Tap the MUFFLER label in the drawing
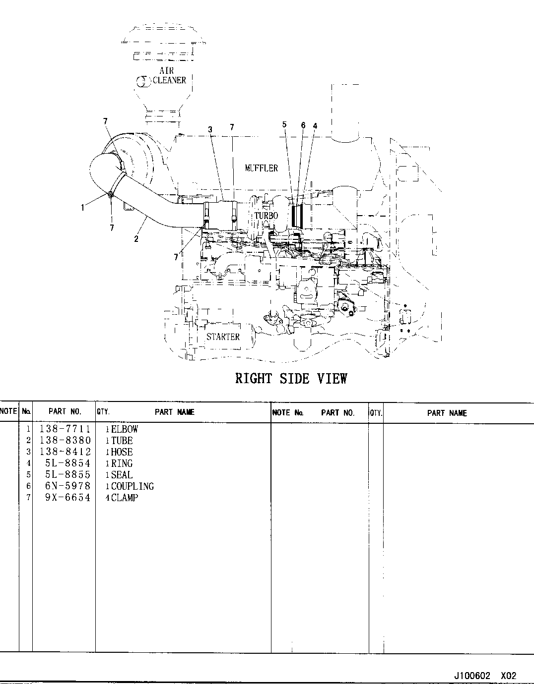coord(262,168)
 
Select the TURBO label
coord(266,216)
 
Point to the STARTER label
coord(223,337)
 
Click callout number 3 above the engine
coord(210,129)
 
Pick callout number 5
coord(284,124)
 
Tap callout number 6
coord(303,125)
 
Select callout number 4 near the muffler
coord(315,126)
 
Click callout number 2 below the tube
coord(136,239)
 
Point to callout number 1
coord(82,208)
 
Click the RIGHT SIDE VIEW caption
coord(291,378)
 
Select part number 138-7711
coord(65,429)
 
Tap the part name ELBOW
coord(125,429)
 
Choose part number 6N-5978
coord(67,486)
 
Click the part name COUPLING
coord(133,486)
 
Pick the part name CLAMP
coord(125,498)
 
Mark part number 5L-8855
coord(67,475)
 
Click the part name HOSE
coord(122,452)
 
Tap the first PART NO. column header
coord(65,411)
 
